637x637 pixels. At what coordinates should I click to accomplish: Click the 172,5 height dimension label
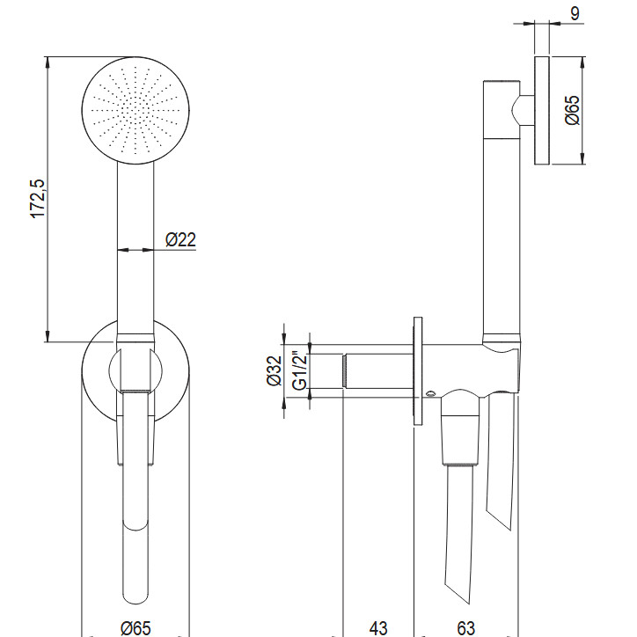click(38, 199)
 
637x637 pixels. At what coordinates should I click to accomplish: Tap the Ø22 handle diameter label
click(180, 239)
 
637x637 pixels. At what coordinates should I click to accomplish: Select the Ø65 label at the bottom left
click(136, 628)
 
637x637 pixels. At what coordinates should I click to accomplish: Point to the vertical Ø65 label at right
click(572, 110)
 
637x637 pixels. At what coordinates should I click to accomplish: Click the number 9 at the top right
click(575, 13)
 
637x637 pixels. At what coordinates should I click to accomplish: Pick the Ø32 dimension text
click(275, 370)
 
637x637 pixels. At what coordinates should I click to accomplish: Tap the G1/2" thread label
click(300, 370)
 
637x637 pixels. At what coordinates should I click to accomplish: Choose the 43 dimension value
click(378, 628)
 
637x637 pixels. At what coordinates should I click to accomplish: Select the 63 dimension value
click(466, 628)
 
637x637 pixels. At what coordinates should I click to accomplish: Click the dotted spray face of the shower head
click(135, 110)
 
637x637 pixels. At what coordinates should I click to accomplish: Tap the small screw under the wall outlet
click(430, 393)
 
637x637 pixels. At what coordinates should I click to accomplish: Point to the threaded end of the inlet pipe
click(345, 370)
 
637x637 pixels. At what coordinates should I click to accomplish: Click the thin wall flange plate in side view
click(418, 371)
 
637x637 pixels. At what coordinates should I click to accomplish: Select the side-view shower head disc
click(542, 111)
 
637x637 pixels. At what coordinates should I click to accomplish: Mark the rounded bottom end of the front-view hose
click(135, 597)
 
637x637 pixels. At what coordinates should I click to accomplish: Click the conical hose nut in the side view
click(460, 441)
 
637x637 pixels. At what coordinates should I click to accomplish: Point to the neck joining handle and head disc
click(527, 110)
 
